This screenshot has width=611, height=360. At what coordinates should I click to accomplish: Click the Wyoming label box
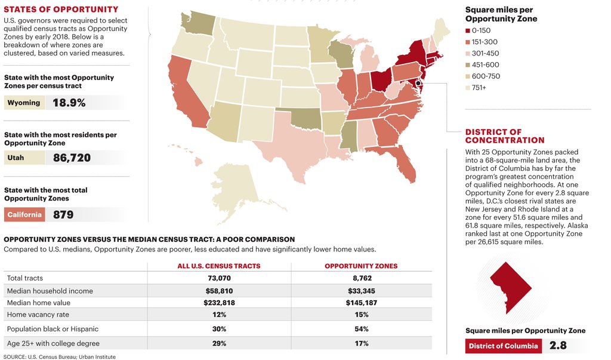pos(24,103)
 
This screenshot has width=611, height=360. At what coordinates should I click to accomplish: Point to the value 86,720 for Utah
pos(72,158)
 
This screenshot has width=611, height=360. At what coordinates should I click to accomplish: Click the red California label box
pos(24,215)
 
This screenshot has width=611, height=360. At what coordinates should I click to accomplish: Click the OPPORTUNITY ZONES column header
pos(361,266)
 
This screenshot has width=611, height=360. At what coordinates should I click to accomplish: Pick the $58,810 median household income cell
pos(218,291)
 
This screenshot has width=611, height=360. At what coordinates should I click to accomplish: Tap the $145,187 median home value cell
pos(361,303)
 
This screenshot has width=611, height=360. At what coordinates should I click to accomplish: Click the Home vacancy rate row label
pos(38,315)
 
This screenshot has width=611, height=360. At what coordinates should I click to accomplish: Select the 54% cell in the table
pos(361,329)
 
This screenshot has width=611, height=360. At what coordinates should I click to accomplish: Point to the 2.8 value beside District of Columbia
pos(558,346)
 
